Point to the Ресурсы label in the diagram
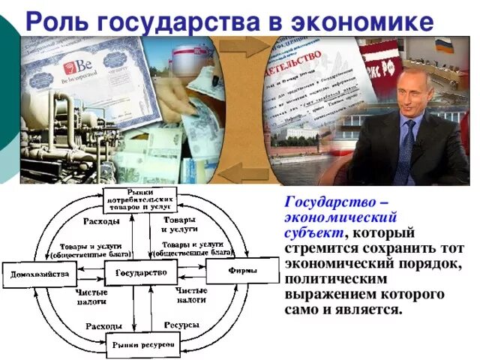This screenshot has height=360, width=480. (181, 325)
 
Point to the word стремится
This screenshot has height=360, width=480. (316, 249)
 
